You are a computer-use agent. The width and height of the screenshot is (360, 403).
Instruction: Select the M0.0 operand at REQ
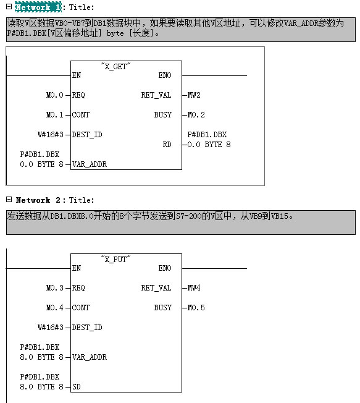tap(55, 95)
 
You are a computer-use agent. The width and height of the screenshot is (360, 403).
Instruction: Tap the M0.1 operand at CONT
tap(55, 115)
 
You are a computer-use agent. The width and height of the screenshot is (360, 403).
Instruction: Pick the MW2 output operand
tap(194, 95)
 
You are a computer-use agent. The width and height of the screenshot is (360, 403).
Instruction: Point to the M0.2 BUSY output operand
tap(196, 115)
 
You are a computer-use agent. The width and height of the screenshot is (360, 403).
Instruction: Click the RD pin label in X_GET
tap(167, 145)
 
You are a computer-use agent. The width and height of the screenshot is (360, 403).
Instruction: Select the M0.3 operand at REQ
tap(55, 288)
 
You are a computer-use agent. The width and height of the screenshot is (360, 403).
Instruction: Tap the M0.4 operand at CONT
tap(55, 308)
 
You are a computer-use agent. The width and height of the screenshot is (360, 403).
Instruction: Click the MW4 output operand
tap(194, 288)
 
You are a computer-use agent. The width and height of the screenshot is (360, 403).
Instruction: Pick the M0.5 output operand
tap(196, 308)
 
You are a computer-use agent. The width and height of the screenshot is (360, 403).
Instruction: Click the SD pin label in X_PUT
tap(77, 387)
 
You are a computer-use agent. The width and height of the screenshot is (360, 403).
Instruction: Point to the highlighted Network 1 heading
tap(38, 7)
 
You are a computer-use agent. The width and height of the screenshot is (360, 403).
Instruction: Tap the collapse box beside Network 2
tap(9, 200)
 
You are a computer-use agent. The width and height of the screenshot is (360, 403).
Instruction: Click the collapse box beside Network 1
tap(9, 7)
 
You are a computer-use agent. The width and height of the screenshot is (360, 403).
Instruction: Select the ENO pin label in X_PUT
tap(165, 268)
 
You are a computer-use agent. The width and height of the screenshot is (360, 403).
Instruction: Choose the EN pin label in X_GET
tap(77, 75)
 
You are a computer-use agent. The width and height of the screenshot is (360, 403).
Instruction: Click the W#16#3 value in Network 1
tap(51, 135)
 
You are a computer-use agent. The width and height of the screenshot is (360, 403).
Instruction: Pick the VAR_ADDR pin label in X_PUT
tap(90, 357)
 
